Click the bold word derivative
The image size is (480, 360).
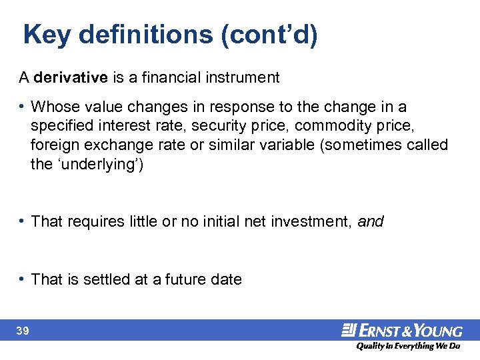[71, 77]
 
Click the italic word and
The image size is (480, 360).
[371, 221]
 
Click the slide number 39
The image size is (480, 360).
[23, 331]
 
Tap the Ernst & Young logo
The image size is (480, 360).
[401, 330]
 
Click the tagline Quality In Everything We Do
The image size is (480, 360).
[407, 346]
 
